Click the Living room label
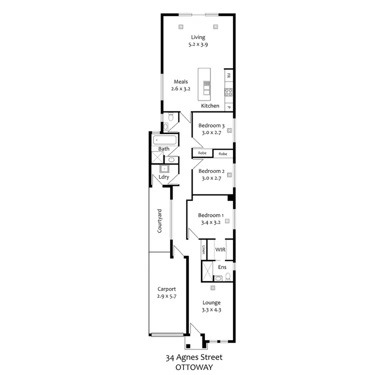pos(198,37)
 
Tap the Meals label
pos(180,81)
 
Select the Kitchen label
pos(210,106)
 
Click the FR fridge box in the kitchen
pos(228,76)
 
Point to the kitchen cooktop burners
pos(228,92)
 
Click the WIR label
pos(220,249)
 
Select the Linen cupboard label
pos(203,249)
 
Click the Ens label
pos(222,267)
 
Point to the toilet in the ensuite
pos(227,277)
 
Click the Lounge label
pos(211,302)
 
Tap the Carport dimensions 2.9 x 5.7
pos(166,296)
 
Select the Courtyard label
pos(159,221)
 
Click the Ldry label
pos(163,177)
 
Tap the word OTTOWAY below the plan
pos(193,366)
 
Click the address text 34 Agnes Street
pos(194,357)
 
